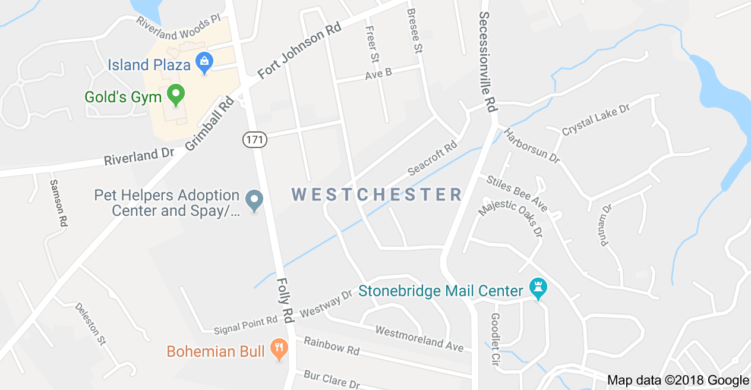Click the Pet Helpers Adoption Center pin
click(x=254, y=200)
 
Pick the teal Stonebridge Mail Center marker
click(x=538, y=290)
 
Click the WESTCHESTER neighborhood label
click(x=377, y=194)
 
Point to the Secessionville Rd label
click(x=488, y=62)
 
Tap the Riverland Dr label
click(x=139, y=157)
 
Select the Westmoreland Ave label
click(x=419, y=337)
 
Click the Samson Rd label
click(x=58, y=203)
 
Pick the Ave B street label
click(x=378, y=74)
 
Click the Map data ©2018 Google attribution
click(x=678, y=380)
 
